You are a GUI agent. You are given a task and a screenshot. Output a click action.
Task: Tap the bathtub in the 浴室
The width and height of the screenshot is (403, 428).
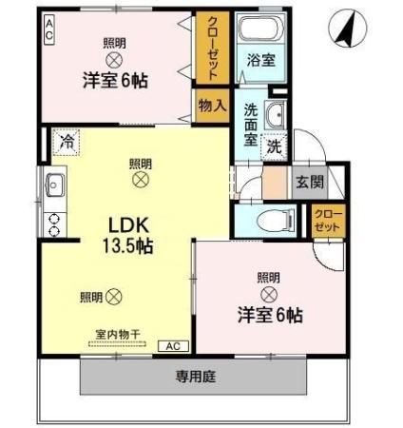pos(254,29)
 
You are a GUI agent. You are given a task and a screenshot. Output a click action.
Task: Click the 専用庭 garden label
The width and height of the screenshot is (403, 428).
pos(194,377)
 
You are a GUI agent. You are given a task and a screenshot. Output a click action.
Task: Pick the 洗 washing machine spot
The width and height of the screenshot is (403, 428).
pos(274,146)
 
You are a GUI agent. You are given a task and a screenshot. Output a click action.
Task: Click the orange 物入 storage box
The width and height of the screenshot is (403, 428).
pos(210,106)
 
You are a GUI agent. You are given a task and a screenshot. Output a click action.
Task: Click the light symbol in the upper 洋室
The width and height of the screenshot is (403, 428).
pos(113,59)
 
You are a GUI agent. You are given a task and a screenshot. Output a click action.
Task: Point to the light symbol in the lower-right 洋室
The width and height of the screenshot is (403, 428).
pos(269,295)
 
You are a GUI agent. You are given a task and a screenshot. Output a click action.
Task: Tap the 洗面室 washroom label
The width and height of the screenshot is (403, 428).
pos(250,124)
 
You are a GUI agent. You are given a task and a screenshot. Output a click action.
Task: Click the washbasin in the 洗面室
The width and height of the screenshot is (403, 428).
pos(276,114)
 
